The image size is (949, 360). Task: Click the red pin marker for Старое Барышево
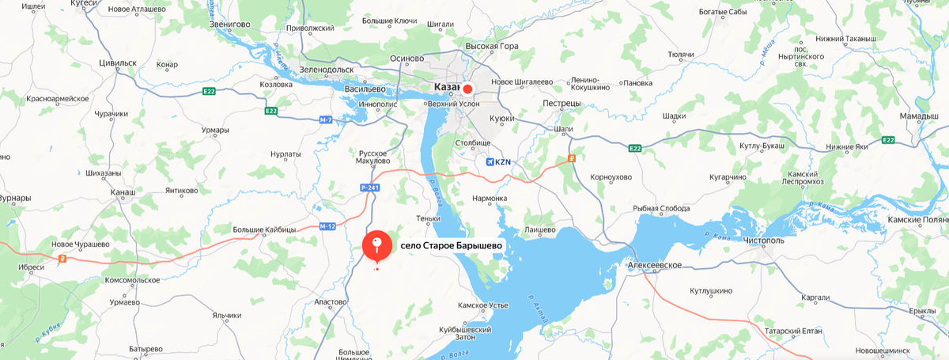[376, 245]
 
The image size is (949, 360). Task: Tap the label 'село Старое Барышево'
[451, 245]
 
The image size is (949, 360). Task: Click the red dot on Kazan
[467, 89]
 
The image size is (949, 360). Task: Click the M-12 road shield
[328, 226]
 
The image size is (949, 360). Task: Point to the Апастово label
[330, 302]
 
